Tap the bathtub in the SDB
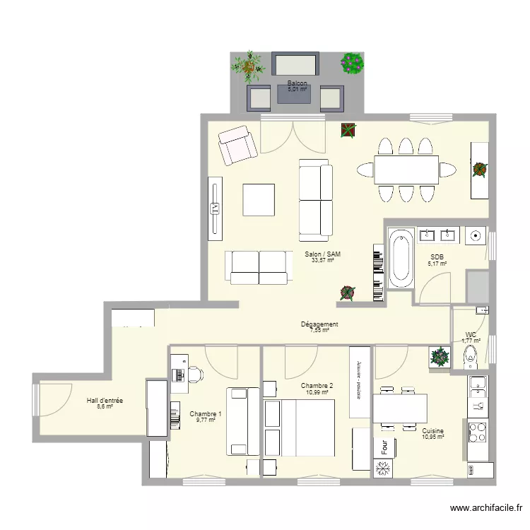pos(401,258)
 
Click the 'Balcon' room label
pos(297,83)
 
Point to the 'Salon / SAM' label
pos(319,254)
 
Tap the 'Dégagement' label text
pos(319,324)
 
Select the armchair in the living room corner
pos(237,145)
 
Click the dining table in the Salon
pos(406,170)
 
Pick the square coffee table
pos(259,199)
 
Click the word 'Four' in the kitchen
pos(384,447)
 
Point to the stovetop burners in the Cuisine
pos(478,430)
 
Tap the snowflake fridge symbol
pos(384,469)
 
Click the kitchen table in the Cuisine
pos(400,407)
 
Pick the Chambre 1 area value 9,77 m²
pos(205,420)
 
